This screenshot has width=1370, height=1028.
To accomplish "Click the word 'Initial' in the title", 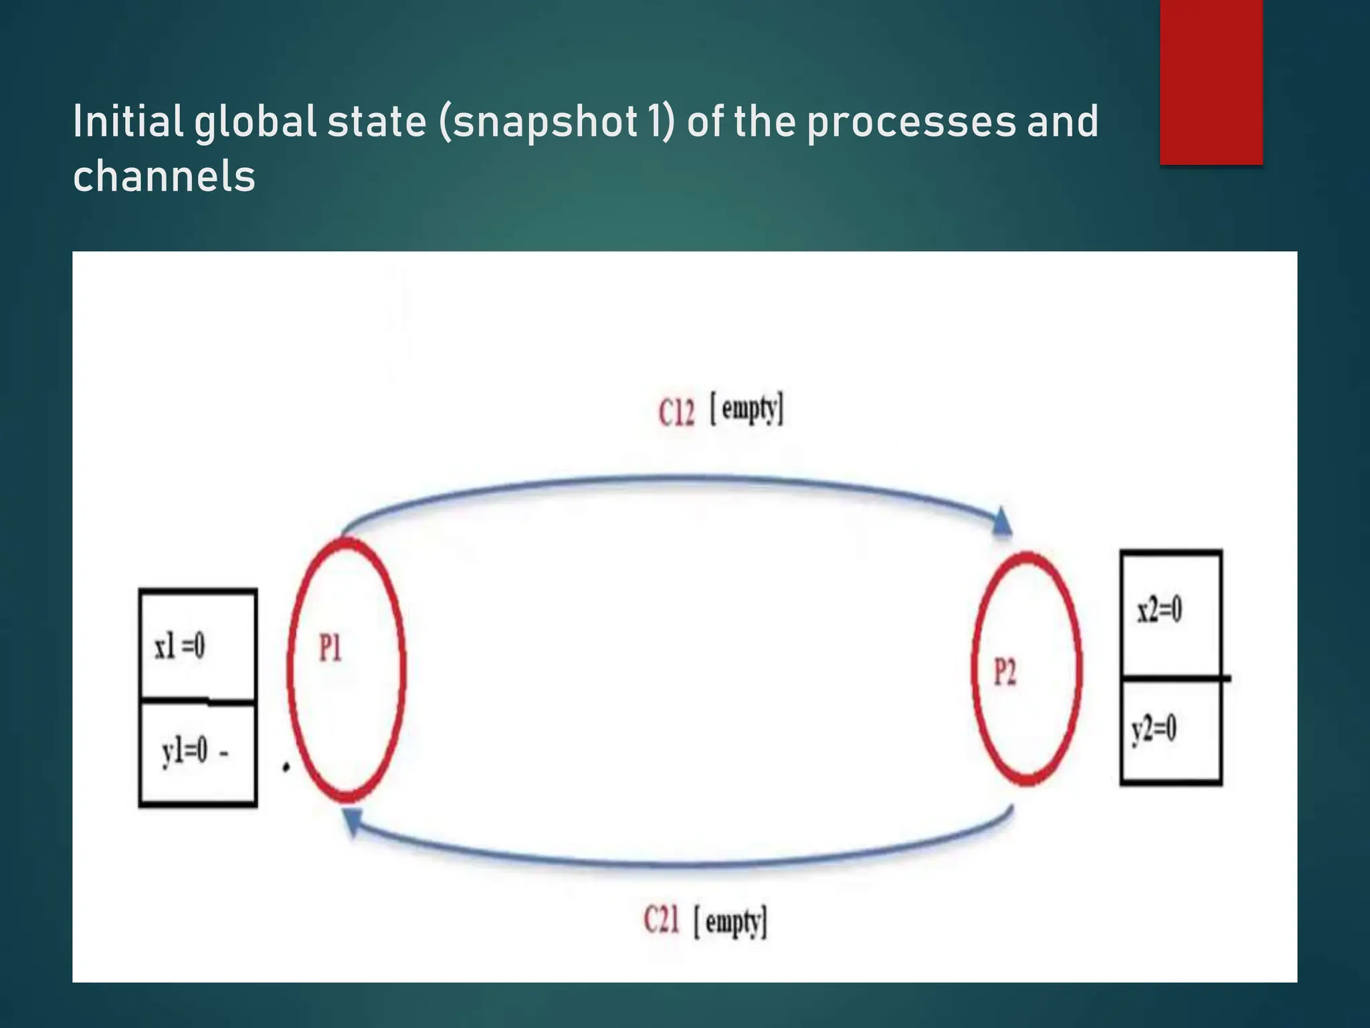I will [x=127, y=121].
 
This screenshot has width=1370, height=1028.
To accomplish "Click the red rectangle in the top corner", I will [x=1211, y=82].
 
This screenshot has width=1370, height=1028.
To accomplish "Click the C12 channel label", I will [x=676, y=412].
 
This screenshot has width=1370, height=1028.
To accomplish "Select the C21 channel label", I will [x=661, y=920].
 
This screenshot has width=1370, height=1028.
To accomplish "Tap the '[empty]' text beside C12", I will [x=747, y=409].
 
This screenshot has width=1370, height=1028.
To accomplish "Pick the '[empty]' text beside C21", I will [x=730, y=922].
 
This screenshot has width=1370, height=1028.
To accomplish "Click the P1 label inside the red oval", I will [x=330, y=648].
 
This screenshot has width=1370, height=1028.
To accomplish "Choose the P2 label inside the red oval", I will [x=1004, y=672].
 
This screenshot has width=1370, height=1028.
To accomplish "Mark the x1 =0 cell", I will [x=197, y=645].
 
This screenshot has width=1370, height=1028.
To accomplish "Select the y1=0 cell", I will [x=197, y=753].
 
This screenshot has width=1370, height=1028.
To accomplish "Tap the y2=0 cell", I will [x=1171, y=730].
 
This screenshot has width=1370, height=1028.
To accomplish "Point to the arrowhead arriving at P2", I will [x=1001, y=521].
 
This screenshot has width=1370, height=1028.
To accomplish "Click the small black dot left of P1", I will [x=286, y=767].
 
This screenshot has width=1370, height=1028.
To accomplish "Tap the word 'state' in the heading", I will [x=376, y=122].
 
